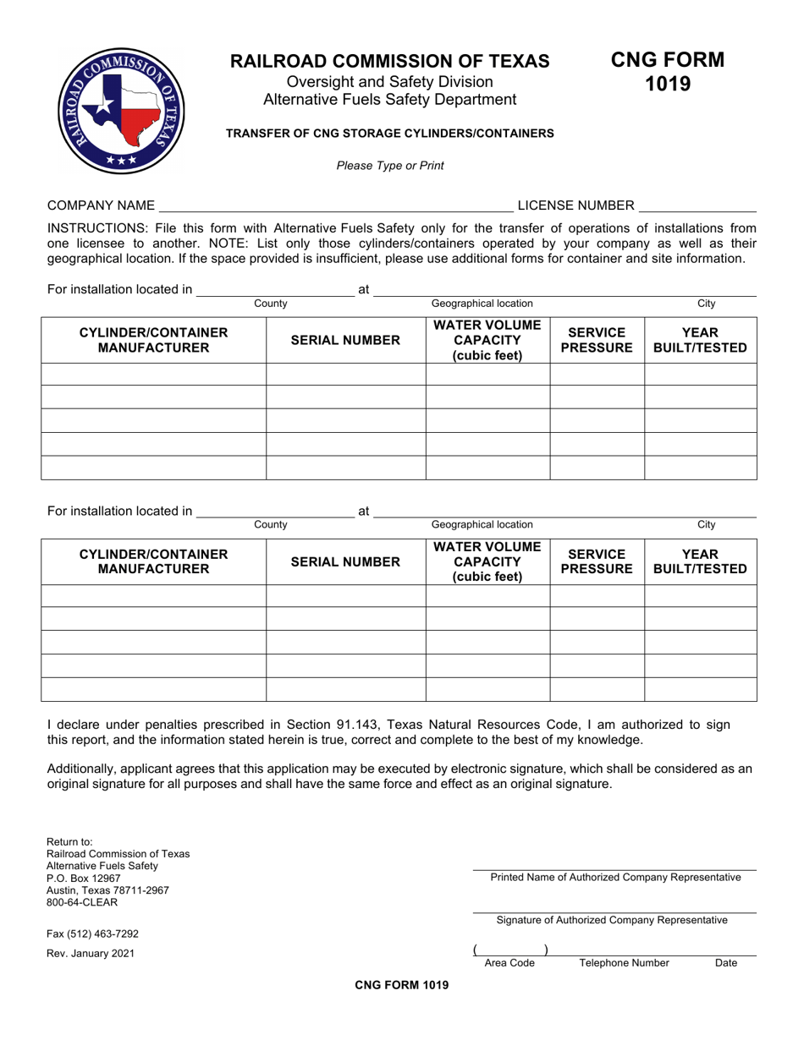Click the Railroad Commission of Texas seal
[121, 111]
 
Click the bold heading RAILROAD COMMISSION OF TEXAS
[390, 61]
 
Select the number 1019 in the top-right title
[668, 84]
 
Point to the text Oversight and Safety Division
[390, 82]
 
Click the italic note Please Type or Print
[390, 166]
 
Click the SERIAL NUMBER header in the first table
[345, 340]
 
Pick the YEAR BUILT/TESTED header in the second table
[700, 561]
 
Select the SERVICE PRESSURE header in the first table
[597, 340]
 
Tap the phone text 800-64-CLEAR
[82, 902]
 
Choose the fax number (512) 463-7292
[92, 934]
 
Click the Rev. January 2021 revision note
[90, 954]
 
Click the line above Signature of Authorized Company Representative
[614, 912]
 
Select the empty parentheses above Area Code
[510, 950]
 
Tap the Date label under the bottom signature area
[726, 963]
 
